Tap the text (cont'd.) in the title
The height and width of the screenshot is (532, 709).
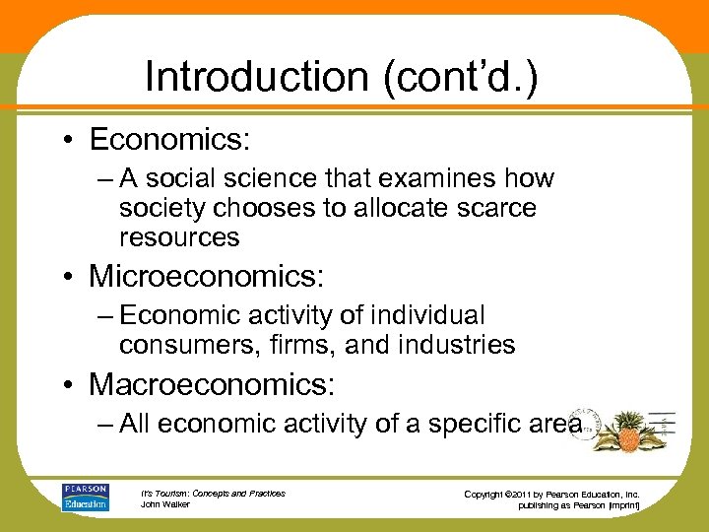pyautogui.click(x=462, y=77)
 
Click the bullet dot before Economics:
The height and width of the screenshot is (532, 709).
pyautogui.click(x=71, y=141)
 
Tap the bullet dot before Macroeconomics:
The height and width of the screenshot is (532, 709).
pyautogui.click(x=71, y=383)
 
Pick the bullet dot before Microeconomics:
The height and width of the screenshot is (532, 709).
pyautogui.click(x=71, y=277)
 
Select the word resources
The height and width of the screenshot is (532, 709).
pyautogui.click(x=179, y=237)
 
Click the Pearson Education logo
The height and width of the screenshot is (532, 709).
pyautogui.click(x=85, y=497)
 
